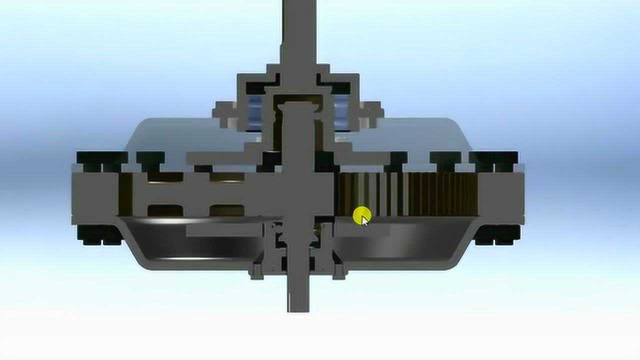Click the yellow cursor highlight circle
point(361,216)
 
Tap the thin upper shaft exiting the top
point(298,30)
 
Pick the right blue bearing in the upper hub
point(342,111)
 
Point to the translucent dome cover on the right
point(425,135)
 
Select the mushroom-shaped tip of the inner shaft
point(298,106)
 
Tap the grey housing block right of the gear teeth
point(500,197)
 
